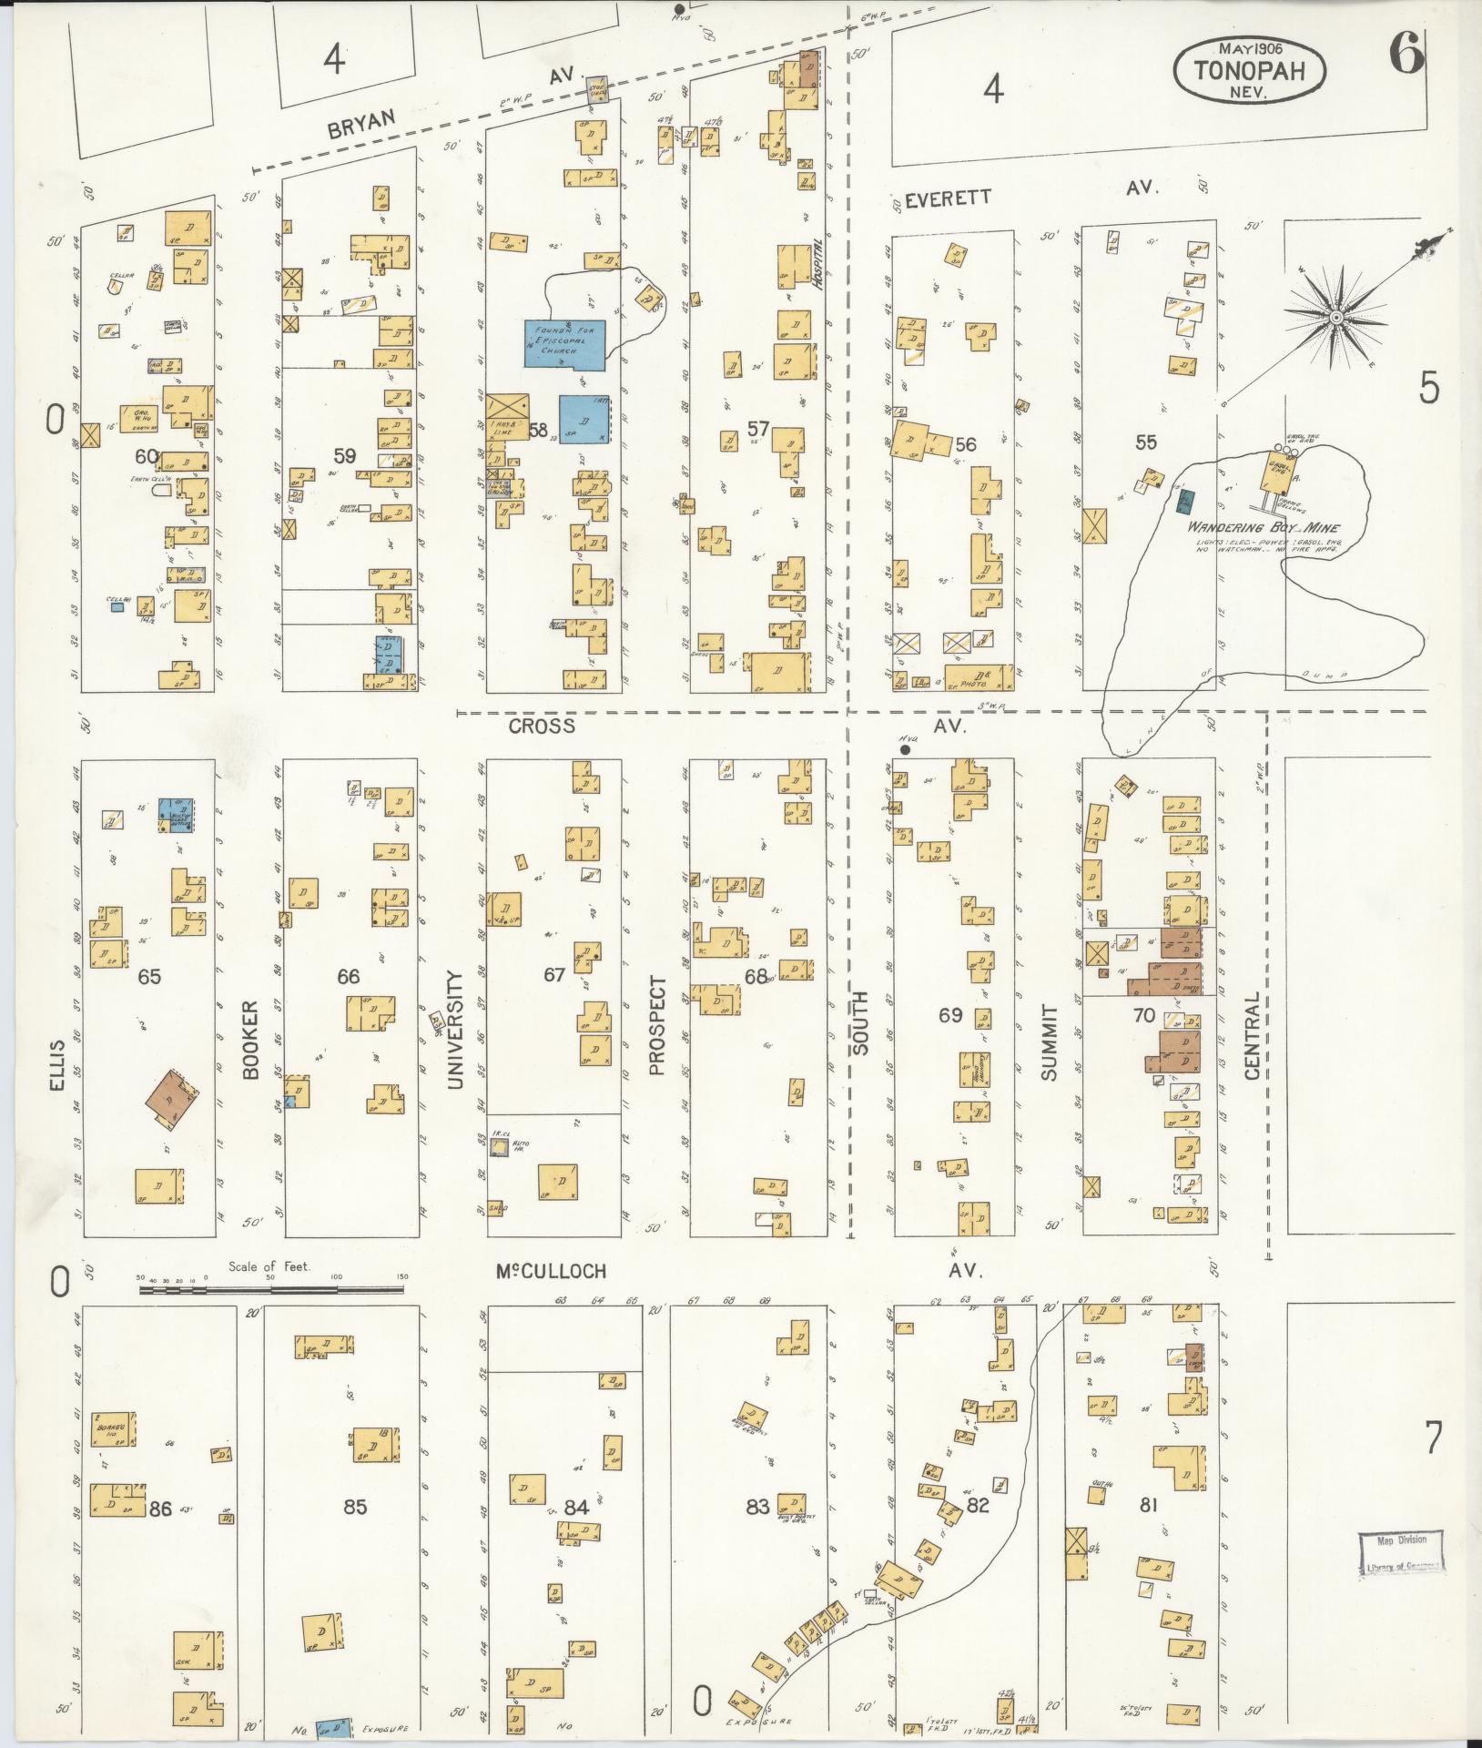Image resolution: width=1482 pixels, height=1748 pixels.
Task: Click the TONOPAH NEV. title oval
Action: coord(1248,67)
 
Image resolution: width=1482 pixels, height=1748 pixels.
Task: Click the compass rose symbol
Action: coord(1335,316)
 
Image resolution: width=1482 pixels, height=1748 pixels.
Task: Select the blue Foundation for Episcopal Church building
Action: coord(563,343)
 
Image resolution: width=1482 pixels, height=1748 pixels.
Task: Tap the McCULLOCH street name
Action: coord(551,1271)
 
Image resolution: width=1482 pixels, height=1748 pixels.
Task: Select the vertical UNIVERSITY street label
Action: coord(454,1029)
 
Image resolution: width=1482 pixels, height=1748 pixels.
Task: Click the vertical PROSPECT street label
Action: coord(657,1026)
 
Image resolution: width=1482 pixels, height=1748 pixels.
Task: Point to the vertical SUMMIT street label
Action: coord(1050,1042)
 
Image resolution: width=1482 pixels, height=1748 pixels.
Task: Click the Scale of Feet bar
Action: coord(270,1287)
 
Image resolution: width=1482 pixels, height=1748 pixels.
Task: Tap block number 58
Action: coord(538,430)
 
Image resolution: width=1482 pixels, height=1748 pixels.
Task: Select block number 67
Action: coord(554,975)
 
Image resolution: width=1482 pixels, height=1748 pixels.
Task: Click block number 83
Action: coord(757,1507)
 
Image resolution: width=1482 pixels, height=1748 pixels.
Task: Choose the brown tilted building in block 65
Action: coord(174,1097)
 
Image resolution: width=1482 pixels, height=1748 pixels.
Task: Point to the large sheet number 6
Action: coord(1406,56)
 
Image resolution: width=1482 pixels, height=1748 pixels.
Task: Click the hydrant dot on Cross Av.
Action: coord(905,750)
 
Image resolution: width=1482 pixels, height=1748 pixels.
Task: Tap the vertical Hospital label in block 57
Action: coord(818,263)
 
